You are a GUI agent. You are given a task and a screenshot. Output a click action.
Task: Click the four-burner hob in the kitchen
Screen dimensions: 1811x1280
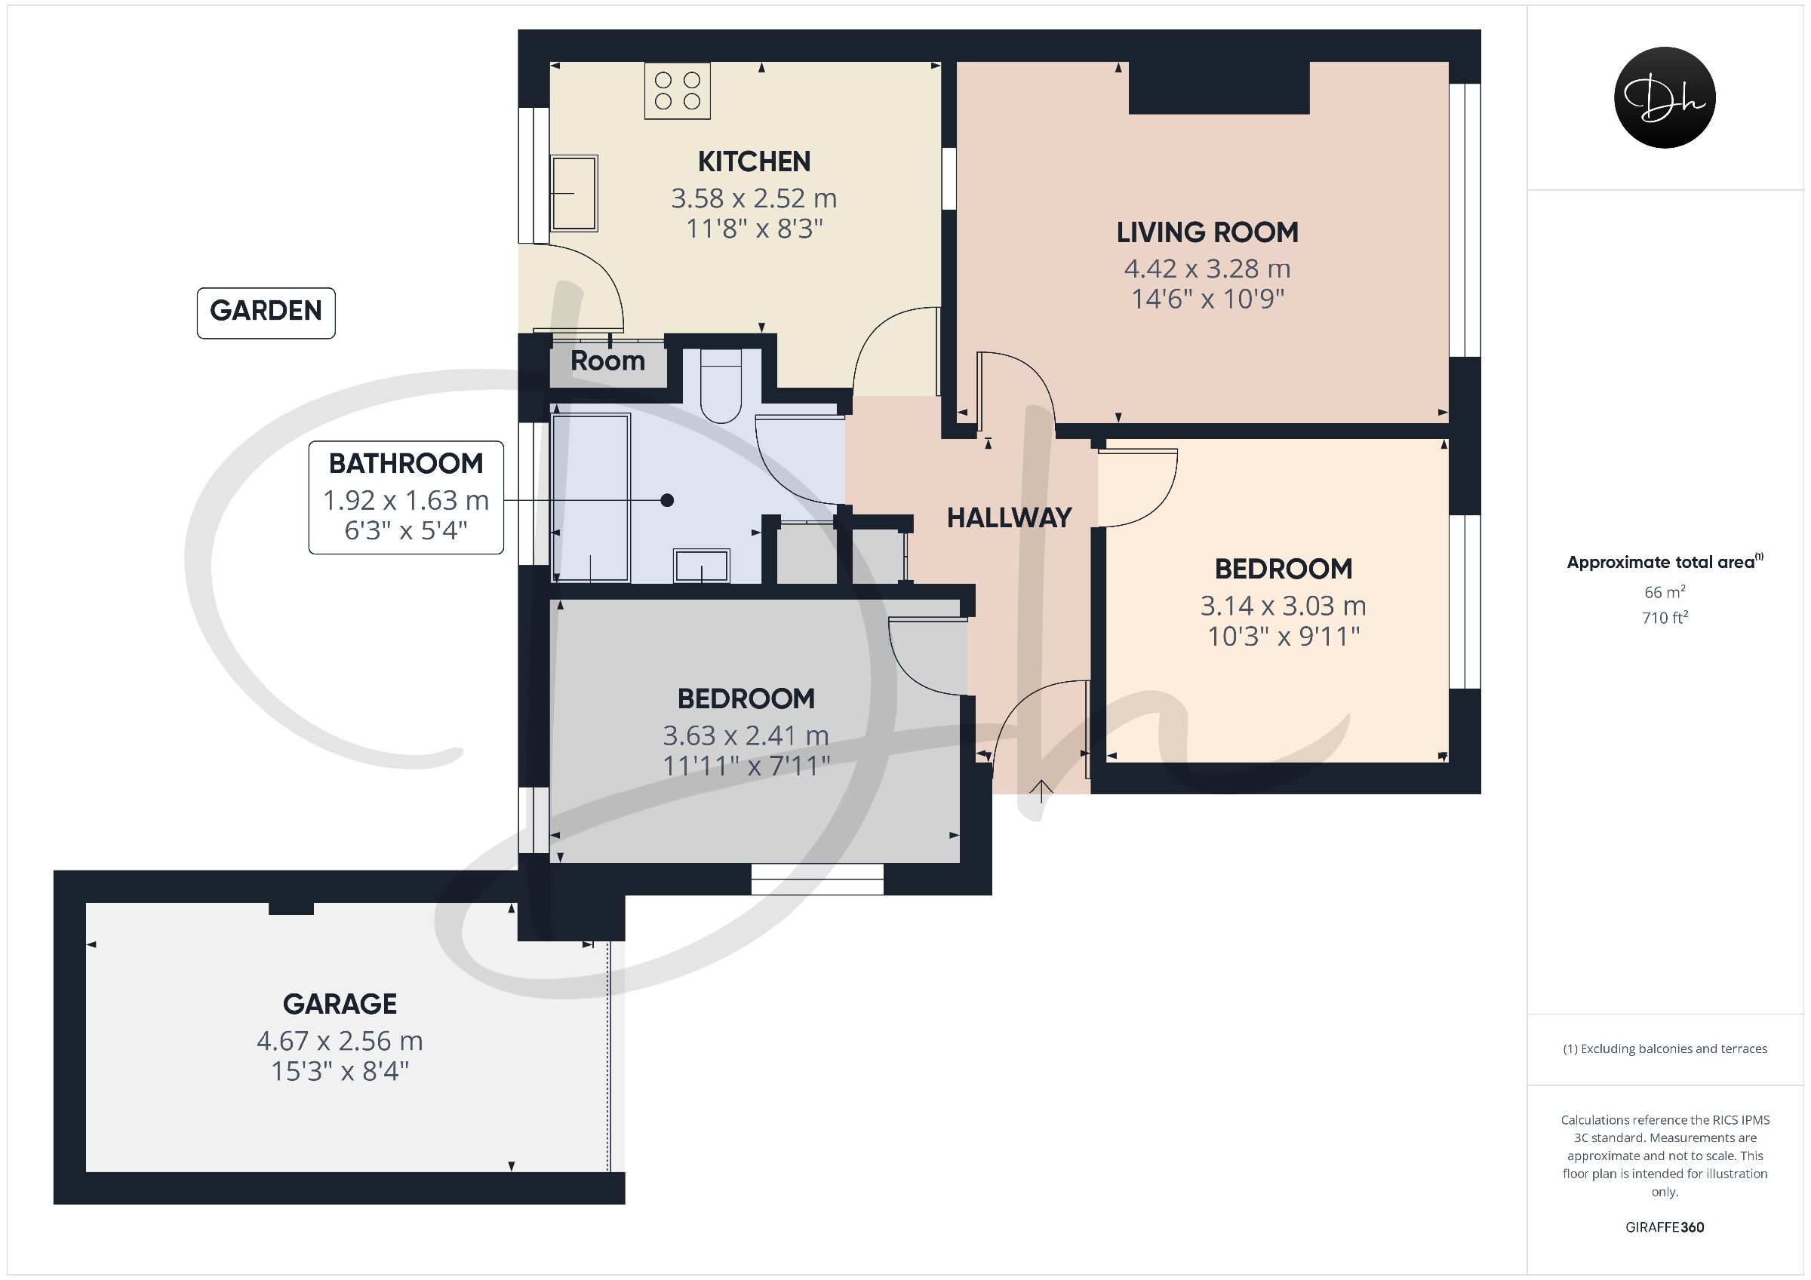(677, 91)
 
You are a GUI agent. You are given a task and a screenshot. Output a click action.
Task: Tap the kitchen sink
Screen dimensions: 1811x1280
(573, 193)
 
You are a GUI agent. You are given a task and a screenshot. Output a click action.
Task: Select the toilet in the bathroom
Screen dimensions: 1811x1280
(721, 385)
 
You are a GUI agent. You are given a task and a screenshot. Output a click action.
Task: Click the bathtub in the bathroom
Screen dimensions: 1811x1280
(591, 498)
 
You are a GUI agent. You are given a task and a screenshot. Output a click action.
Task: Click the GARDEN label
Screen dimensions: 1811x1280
(266, 312)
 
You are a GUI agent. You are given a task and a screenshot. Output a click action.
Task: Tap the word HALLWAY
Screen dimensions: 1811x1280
(1009, 518)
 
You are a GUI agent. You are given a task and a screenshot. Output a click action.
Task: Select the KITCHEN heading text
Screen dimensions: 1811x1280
(754, 161)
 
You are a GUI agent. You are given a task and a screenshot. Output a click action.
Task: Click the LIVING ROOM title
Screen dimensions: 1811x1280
(1207, 232)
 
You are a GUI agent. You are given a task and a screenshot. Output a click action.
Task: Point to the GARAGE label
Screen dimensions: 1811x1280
(340, 1004)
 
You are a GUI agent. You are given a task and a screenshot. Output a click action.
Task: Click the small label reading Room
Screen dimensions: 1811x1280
(607, 361)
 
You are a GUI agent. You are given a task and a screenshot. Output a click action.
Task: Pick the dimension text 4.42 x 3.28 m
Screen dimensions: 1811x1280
(1207, 269)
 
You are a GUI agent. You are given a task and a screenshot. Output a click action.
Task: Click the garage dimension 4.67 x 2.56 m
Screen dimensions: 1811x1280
(340, 1041)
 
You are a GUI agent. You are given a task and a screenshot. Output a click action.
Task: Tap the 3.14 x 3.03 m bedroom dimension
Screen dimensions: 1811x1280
(1284, 606)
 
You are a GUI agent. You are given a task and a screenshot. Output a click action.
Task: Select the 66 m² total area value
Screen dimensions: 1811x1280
(1665, 591)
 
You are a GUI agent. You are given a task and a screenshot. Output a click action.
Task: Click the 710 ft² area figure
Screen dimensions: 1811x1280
(1665, 618)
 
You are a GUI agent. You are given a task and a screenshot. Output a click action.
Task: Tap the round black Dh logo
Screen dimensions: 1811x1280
(1665, 98)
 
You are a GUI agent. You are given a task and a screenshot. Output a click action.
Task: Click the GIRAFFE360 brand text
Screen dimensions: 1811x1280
(1665, 1227)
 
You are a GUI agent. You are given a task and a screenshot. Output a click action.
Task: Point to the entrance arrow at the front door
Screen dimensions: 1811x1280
(1041, 791)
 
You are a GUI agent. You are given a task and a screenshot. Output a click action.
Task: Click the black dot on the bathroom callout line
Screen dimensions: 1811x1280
(667, 500)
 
